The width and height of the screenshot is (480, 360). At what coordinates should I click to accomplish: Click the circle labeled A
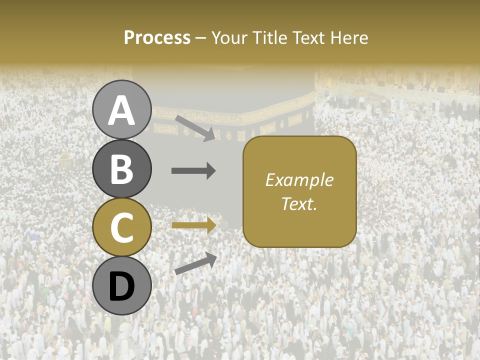pyautogui.click(x=121, y=109)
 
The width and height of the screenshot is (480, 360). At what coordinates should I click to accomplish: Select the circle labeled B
pyautogui.click(x=121, y=168)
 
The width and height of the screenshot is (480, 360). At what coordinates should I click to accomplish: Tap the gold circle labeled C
pyautogui.click(x=121, y=227)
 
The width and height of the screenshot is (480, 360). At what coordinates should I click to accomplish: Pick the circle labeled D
pyautogui.click(x=121, y=285)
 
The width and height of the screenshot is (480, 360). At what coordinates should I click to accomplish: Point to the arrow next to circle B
pyautogui.click(x=193, y=171)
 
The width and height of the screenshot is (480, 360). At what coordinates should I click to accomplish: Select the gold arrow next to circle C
pyautogui.click(x=193, y=225)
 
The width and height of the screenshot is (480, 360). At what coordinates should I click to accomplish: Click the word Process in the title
pyautogui.click(x=157, y=37)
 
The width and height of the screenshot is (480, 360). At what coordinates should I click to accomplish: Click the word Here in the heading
pyautogui.click(x=349, y=37)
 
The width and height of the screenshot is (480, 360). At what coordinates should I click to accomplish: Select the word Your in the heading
pyautogui.click(x=229, y=37)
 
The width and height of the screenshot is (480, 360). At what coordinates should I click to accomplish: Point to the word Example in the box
pyautogui.click(x=299, y=180)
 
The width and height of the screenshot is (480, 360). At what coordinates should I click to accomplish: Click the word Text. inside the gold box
pyautogui.click(x=299, y=204)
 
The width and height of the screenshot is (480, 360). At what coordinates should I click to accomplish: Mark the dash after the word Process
pyautogui.click(x=201, y=38)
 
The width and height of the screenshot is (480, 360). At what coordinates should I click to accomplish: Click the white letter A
pyautogui.click(x=121, y=110)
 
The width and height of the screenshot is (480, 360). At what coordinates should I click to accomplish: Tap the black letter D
pyautogui.click(x=121, y=286)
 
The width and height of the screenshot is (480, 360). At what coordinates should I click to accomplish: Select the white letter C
pyautogui.click(x=121, y=227)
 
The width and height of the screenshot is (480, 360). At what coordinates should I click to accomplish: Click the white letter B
pyautogui.click(x=121, y=169)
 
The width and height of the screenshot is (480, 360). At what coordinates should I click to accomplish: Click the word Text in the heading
pyautogui.click(x=310, y=37)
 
